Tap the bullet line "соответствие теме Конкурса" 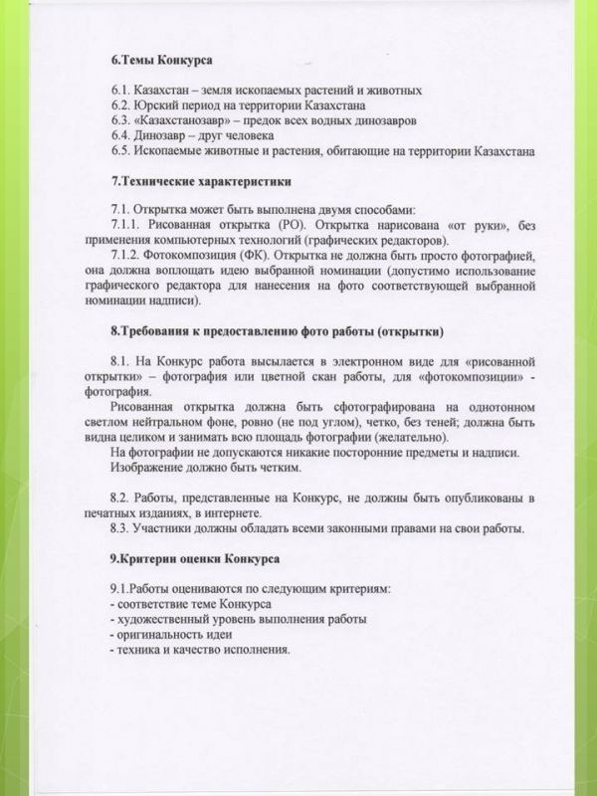[188, 603]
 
